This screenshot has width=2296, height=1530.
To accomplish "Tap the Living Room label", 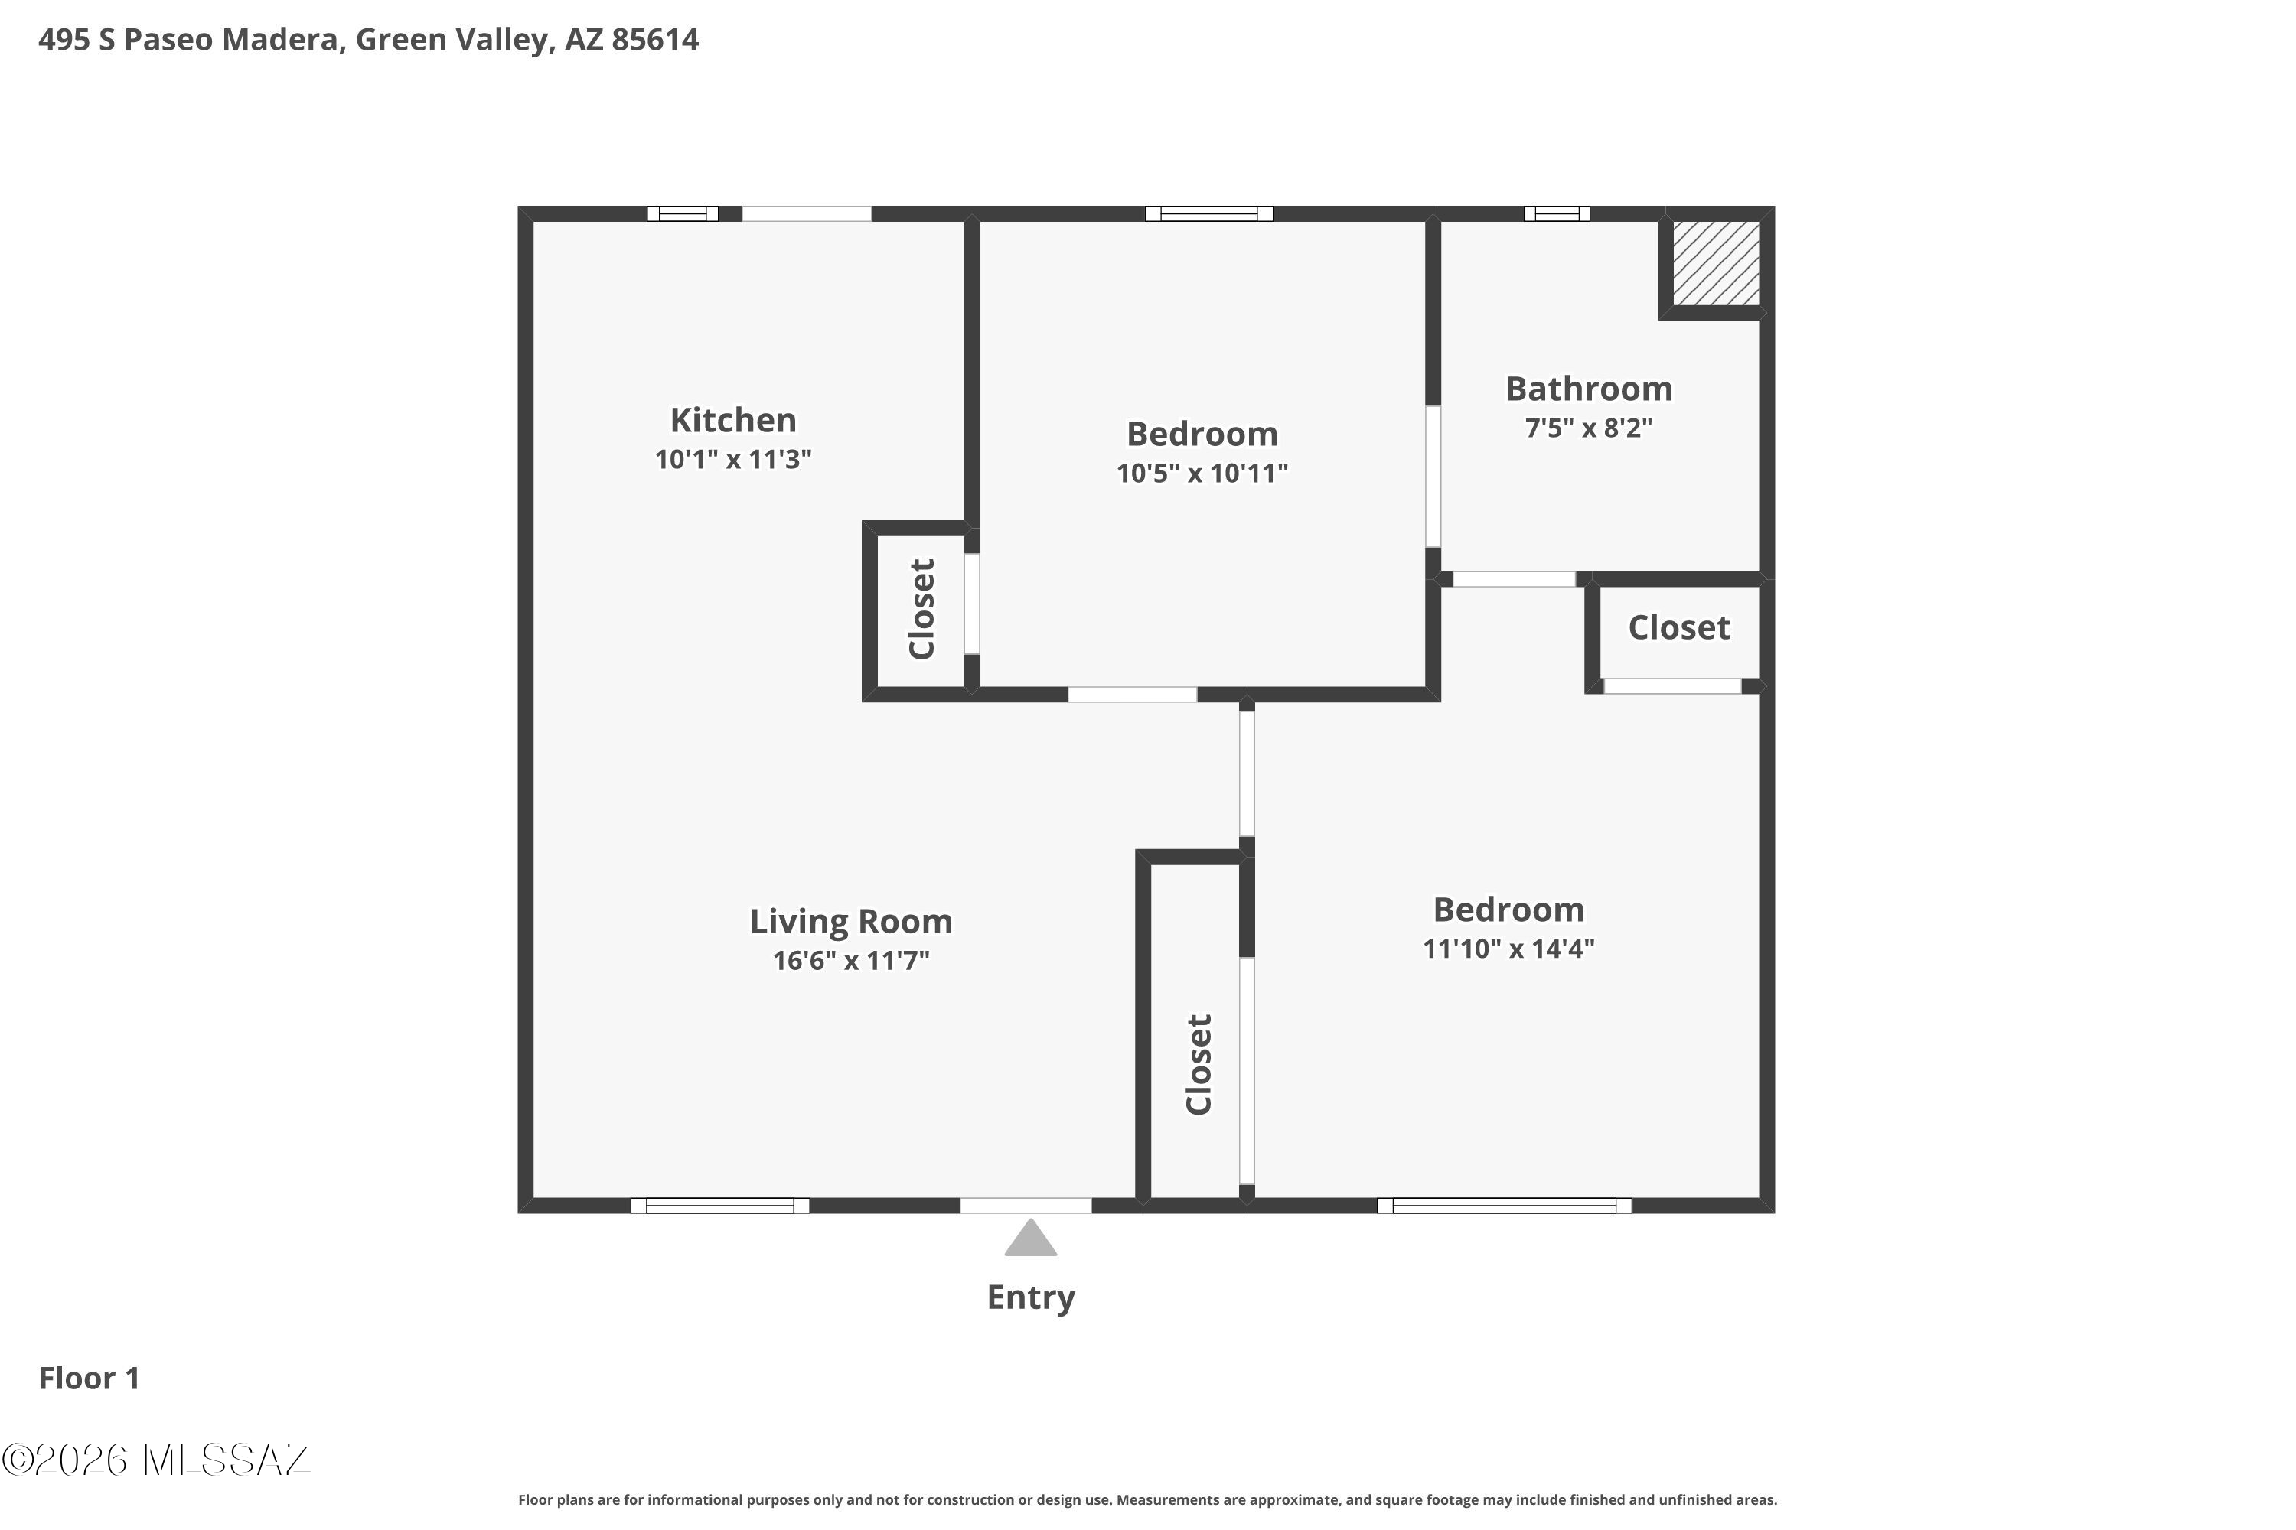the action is (851, 921).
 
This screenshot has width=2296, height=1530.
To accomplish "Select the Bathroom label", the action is (1590, 389).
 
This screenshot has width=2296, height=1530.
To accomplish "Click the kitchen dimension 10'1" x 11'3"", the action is (733, 460).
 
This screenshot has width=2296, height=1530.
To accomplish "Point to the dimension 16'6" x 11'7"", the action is (851, 961).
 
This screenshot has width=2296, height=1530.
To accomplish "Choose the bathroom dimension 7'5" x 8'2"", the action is (1590, 428).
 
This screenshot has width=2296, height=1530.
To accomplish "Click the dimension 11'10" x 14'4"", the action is (1509, 949).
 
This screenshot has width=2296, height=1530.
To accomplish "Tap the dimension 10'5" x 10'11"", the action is (1202, 474).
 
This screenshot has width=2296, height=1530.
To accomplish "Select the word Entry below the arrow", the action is (1031, 1297).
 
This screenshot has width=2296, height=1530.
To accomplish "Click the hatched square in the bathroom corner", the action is (1716, 262).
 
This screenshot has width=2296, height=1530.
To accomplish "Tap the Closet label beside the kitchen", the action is (921, 609).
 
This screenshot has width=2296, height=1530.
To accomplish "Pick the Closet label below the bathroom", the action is (1679, 627).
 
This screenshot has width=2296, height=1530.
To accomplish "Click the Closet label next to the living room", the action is (1199, 1065).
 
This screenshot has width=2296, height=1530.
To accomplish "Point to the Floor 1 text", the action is (90, 1378).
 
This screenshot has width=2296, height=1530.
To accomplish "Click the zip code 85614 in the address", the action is (655, 40).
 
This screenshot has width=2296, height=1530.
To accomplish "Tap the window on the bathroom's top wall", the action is (1557, 213).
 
